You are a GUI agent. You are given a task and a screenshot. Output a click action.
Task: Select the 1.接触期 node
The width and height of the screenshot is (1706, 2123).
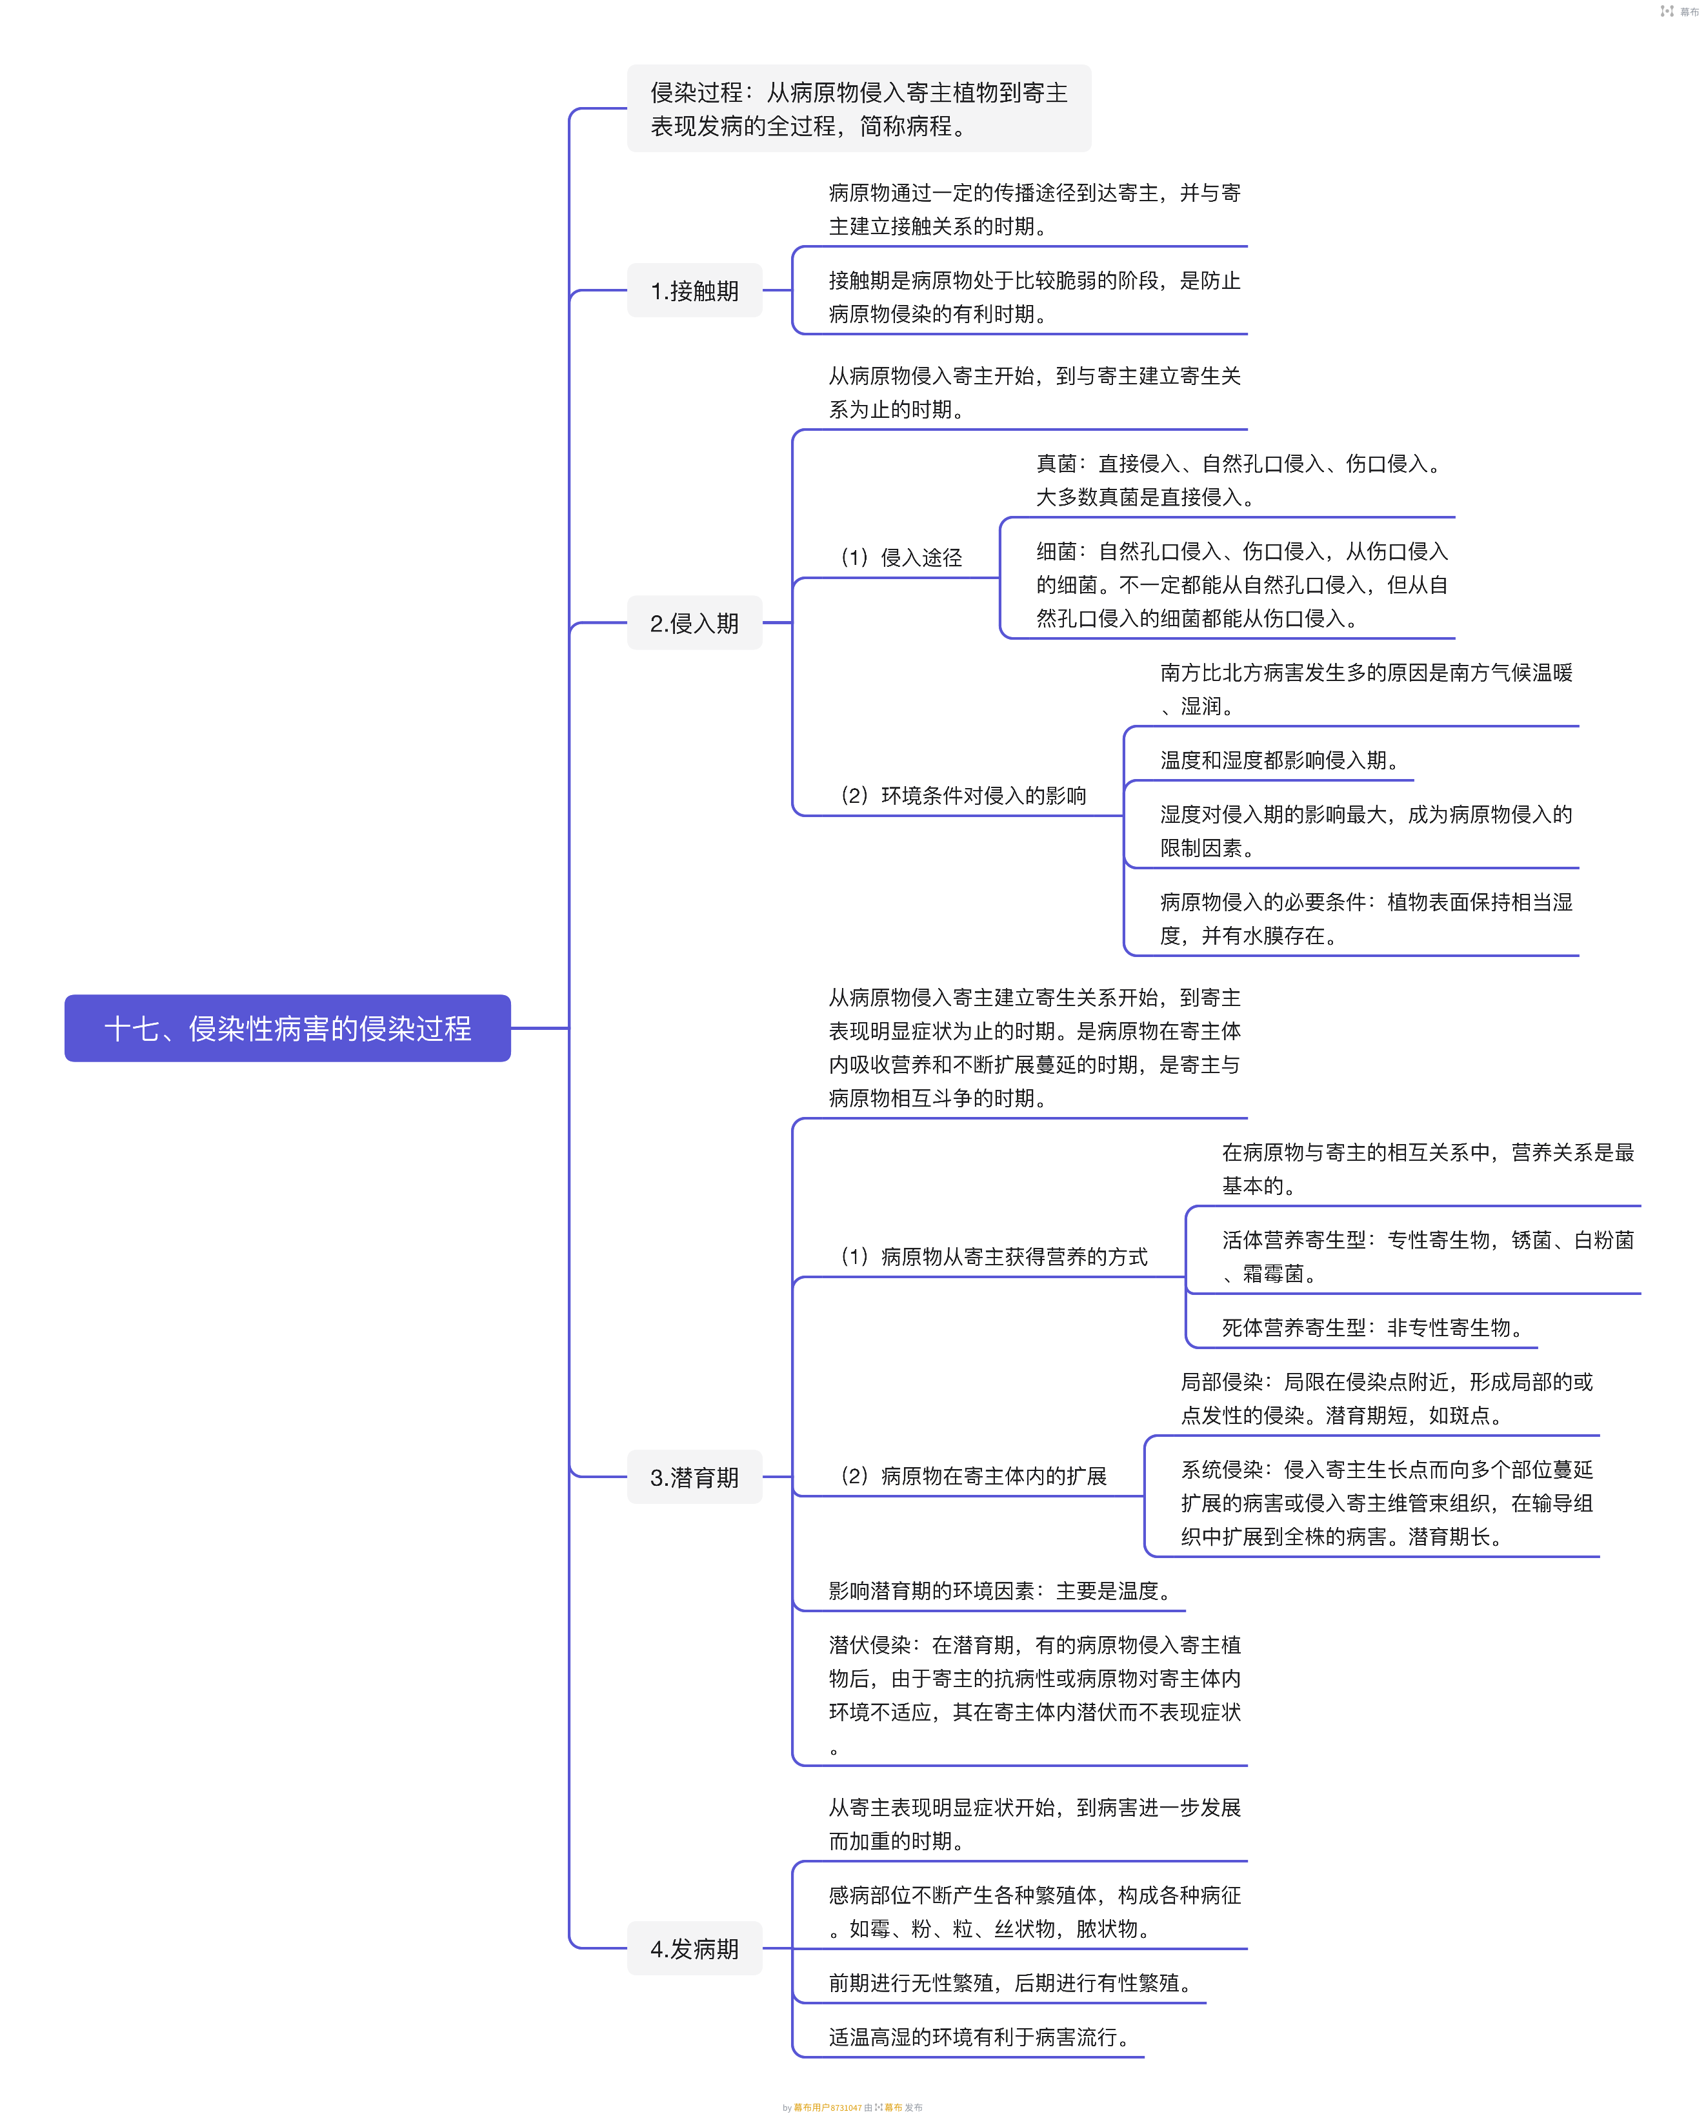[x=694, y=290]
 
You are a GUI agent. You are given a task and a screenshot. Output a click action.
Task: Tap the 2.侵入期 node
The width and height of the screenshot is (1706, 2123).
[x=694, y=624]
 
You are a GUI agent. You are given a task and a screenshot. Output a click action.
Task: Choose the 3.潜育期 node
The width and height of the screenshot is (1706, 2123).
[x=694, y=1477]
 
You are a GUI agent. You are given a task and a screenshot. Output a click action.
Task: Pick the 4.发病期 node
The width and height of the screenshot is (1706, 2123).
[x=694, y=1949]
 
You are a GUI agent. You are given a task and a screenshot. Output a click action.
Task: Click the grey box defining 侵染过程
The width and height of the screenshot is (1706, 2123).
[x=859, y=108]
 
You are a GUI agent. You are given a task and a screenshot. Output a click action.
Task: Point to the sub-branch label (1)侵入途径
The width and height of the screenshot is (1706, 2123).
[x=901, y=557]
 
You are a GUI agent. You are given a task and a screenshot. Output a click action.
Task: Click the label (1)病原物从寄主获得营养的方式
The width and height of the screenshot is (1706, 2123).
[x=993, y=1256]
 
